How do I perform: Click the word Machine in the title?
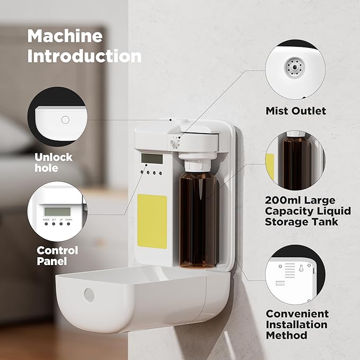pyautogui.click(x=65, y=36)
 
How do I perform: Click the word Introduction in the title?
pyautogui.click(x=84, y=56)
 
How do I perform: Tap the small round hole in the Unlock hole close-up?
pyautogui.click(x=65, y=120)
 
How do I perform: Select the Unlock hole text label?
pyautogui.click(x=54, y=163)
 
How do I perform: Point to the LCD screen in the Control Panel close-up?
pyautogui.click(x=57, y=210)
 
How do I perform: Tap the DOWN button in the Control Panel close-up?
pyautogui.click(x=69, y=224)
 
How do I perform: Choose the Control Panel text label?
pyautogui.click(x=57, y=256)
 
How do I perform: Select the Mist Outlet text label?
pyautogui.click(x=295, y=111)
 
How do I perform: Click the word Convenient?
pyautogui.click(x=297, y=314)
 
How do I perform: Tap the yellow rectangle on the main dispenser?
pyautogui.click(x=152, y=215)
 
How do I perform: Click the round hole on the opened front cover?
pyautogui.click(x=89, y=295)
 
